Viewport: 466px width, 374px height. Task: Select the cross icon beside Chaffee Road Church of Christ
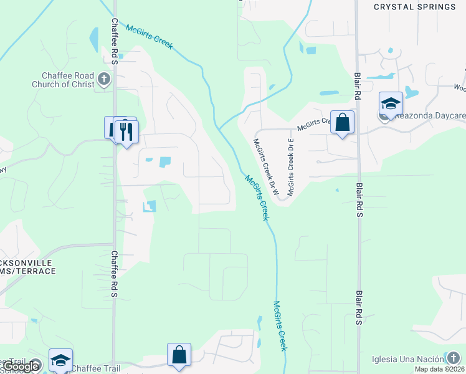point(104,79)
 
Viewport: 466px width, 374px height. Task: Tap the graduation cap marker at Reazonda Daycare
point(391,103)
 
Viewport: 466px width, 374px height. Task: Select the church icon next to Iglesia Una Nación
point(453,358)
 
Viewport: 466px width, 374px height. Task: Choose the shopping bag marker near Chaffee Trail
point(179,355)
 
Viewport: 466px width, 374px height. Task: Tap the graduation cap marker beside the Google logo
point(60,360)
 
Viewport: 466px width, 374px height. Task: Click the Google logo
point(21,367)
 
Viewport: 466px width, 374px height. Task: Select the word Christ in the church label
point(82,84)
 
